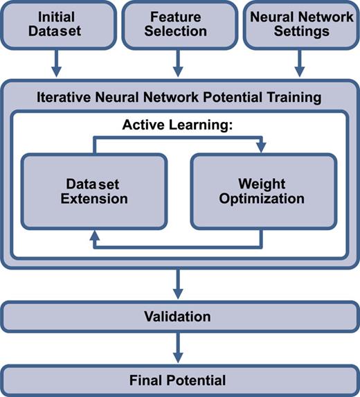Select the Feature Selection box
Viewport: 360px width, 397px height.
point(178,24)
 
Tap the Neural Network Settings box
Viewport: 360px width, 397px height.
point(299,24)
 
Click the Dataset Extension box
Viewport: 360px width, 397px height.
point(93,191)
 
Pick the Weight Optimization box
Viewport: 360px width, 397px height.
point(261,191)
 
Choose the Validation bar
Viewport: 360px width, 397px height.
point(178,317)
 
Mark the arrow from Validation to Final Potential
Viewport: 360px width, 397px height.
point(178,346)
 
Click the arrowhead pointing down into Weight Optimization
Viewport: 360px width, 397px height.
point(261,148)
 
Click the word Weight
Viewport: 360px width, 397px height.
point(261,184)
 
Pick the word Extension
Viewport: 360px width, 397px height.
point(93,199)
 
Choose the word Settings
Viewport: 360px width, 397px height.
point(299,31)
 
